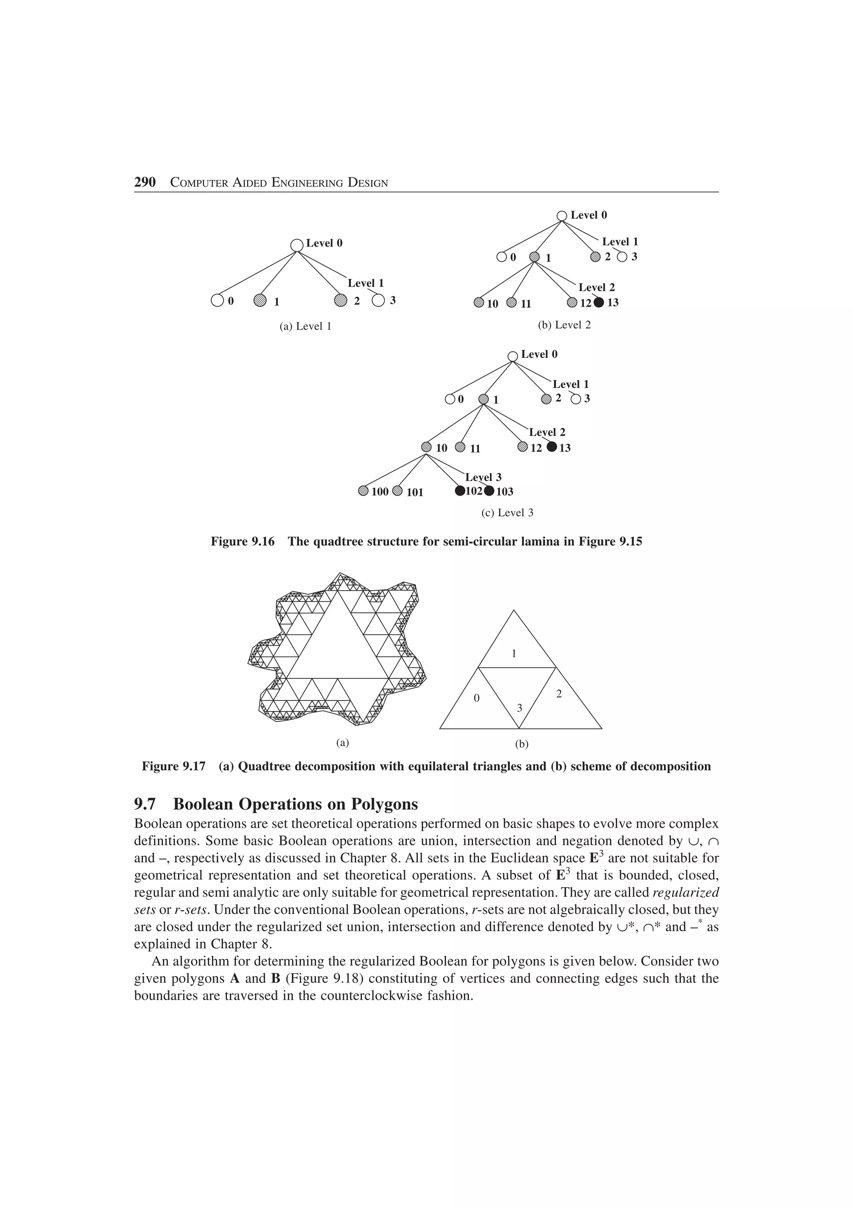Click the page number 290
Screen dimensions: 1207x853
(145, 182)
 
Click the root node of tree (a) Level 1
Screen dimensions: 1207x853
(297, 245)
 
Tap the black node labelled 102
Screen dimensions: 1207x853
(460, 491)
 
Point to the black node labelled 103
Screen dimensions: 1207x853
(489, 491)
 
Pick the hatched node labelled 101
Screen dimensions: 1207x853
(397, 491)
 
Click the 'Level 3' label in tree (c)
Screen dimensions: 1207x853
(483, 477)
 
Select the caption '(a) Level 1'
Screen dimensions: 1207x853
(305, 327)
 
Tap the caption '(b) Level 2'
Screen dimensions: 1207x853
(564, 325)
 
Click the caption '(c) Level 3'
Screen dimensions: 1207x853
(507, 513)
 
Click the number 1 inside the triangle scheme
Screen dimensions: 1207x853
(514, 653)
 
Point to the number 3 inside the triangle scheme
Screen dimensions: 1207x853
(520, 708)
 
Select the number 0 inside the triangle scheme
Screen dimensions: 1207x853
(477, 698)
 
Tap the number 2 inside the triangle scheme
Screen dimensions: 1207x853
(559, 694)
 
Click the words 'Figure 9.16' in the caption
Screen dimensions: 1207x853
(242, 541)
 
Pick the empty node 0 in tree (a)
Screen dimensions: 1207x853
(217, 301)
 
